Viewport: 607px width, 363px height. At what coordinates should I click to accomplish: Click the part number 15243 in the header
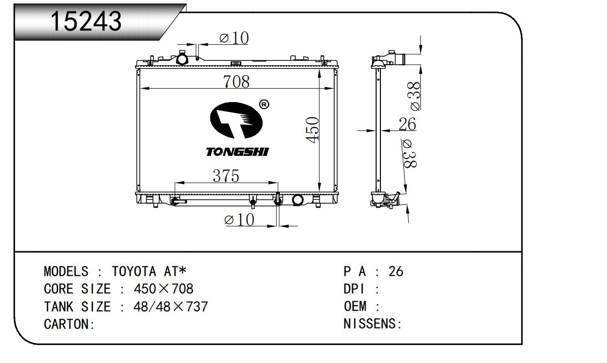[x=86, y=21]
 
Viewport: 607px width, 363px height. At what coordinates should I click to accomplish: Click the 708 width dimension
[x=236, y=82]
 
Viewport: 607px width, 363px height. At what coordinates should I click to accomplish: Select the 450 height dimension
[x=312, y=130]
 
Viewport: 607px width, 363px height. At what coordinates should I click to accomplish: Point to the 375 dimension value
[x=226, y=176]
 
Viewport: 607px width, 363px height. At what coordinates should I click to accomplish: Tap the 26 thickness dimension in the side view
[x=407, y=124]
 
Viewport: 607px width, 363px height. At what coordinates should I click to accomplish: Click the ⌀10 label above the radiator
[x=234, y=38]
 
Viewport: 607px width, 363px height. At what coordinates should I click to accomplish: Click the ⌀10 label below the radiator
[x=240, y=220]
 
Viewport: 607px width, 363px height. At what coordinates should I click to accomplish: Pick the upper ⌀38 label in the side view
[x=415, y=96]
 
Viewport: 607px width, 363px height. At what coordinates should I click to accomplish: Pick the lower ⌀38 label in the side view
[x=410, y=154]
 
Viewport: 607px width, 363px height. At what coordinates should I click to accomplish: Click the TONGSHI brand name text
[x=238, y=152]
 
